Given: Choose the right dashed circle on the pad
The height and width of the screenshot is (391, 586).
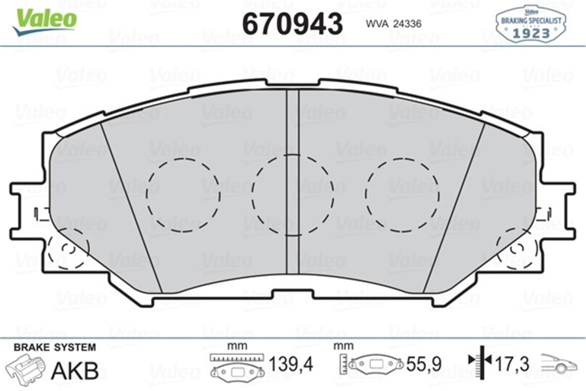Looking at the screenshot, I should click(403, 195).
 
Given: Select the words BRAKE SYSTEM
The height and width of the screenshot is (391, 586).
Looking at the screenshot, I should click(55, 348).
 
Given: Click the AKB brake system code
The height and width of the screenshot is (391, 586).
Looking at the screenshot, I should click(75, 370).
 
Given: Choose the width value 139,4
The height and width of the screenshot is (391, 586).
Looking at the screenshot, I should click(291, 364).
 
